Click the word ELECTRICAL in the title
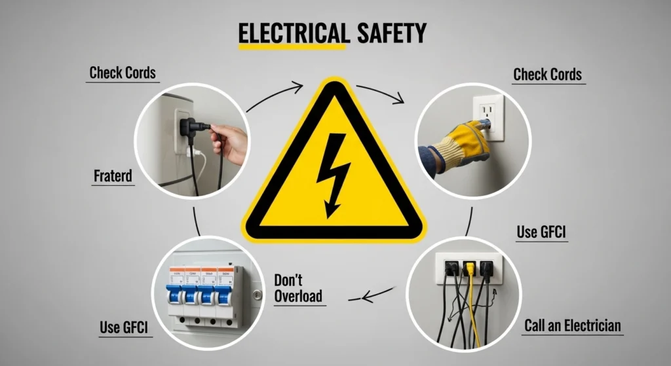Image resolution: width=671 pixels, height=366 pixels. pos(292,33)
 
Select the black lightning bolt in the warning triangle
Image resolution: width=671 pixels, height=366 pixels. pos(333,173)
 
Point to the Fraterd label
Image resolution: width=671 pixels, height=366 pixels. pos(113,176)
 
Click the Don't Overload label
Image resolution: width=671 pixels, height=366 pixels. pos(298,289)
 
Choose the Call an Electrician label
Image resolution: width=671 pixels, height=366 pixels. pos(572,325)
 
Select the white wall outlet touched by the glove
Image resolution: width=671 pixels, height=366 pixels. pos(489,117)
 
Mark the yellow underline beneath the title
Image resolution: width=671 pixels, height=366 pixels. pos(291,47)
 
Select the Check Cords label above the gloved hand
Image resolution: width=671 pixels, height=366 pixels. pos(547,74)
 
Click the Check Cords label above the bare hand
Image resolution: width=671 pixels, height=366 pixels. pos(123,72)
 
